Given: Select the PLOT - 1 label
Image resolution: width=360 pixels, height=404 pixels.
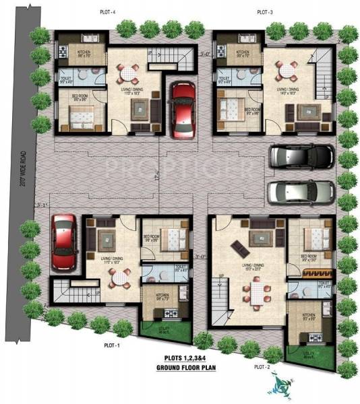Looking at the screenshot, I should point(111,345).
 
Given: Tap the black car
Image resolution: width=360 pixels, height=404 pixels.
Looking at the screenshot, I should point(301,158).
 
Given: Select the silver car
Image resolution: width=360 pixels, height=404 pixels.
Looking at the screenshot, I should point(300,192).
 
